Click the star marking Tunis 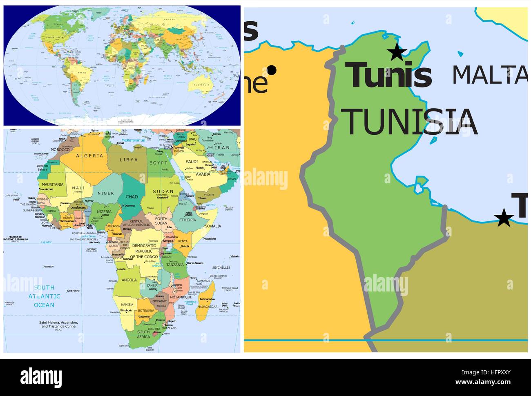[396, 52]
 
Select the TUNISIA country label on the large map [411, 121]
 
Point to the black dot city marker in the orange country [272, 70]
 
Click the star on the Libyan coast [504, 218]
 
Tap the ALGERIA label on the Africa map [89, 156]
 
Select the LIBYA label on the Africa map [128, 160]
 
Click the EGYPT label [158, 162]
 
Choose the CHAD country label [132, 197]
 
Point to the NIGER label [106, 193]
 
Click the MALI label [78, 188]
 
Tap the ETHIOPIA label [187, 220]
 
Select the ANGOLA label [129, 280]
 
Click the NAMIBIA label [127, 305]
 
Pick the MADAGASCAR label [207, 307]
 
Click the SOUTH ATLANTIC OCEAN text [44, 296]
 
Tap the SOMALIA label [212, 226]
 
